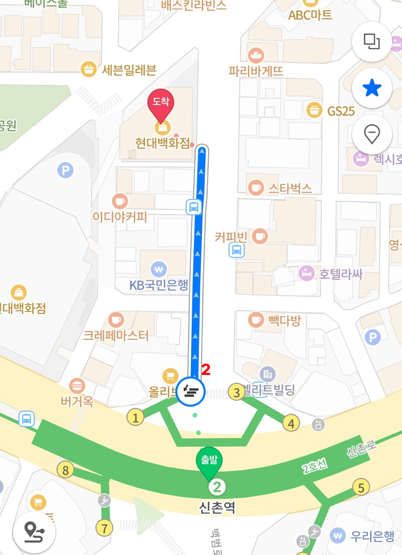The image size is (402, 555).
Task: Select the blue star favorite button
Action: click(x=372, y=88)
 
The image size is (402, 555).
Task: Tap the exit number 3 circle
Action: click(x=236, y=392)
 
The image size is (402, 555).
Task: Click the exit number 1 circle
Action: click(x=135, y=417)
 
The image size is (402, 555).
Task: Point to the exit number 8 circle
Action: click(x=65, y=470)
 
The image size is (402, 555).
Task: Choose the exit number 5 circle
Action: click(x=361, y=488)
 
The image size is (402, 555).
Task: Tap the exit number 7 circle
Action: click(x=104, y=528)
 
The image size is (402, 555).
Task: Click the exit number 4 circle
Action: click(x=291, y=424)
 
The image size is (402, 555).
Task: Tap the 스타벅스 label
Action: click(x=290, y=188)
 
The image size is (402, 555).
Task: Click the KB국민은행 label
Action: click(x=159, y=285)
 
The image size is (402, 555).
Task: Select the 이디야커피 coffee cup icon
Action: click(x=120, y=201)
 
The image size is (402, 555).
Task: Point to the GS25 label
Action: click(x=341, y=111)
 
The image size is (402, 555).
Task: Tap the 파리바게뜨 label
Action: click(x=256, y=71)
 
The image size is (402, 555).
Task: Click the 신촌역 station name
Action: click(x=217, y=507)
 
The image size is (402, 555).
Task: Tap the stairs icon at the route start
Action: click(x=191, y=392)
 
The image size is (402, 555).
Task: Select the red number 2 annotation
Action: click(x=206, y=370)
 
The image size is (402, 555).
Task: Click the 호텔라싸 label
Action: click(x=340, y=274)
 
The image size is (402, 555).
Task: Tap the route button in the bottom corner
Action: click(x=34, y=532)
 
